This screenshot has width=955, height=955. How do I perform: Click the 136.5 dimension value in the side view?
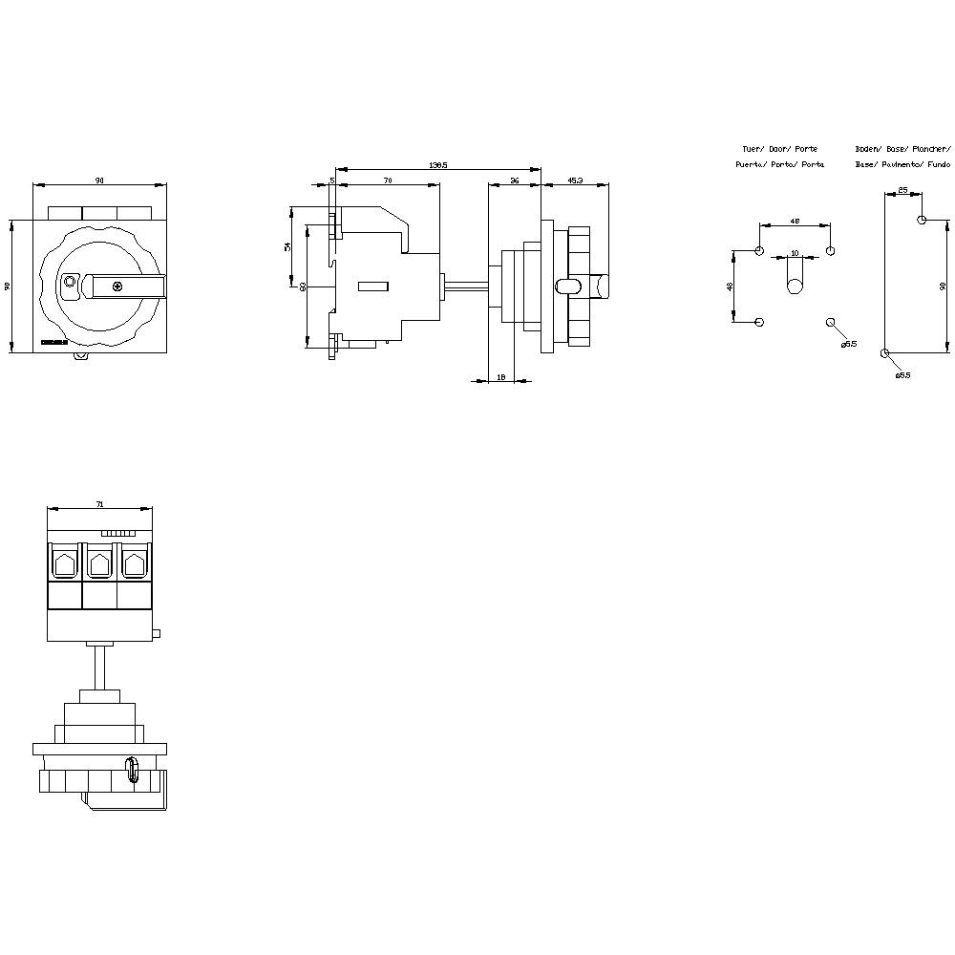[437, 165]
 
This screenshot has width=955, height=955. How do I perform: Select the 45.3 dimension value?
[576, 180]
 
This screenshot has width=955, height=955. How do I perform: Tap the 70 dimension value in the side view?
[388, 180]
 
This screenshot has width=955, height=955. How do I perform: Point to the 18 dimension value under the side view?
[501, 378]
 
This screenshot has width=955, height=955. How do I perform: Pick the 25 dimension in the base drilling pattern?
[902, 191]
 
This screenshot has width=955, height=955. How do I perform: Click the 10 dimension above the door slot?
[795, 254]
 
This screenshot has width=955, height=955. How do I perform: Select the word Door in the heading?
[779, 149]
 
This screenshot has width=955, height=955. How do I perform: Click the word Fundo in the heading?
[939, 164]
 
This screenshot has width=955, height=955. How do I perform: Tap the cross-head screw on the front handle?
[117, 286]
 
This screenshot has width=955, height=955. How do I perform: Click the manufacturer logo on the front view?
[54, 341]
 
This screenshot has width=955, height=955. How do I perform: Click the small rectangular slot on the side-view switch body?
[372, 286]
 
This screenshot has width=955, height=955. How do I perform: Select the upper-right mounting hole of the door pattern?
[830, 251]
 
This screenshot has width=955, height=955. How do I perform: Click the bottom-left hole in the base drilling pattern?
[885, 353]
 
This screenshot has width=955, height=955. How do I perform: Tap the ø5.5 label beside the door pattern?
[849, 344]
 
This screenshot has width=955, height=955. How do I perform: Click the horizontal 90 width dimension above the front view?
[100, 180]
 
